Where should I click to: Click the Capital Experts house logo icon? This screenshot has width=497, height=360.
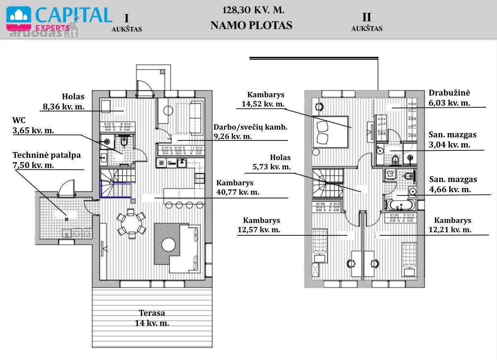[x=19, y=18]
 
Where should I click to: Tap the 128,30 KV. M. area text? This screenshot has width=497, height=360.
[x=253, y=10]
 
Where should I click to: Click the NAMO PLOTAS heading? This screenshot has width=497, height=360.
[x=251, y=25]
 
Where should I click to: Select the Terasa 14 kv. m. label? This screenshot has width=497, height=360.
[x=152, y=318]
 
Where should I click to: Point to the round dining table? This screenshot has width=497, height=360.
[x=131, y=224]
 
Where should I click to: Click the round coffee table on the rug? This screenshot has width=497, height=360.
[x=169, y=244]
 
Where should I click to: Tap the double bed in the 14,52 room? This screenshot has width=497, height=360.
[x=330, y=132]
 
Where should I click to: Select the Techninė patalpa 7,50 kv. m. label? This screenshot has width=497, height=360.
[x=46, y=160]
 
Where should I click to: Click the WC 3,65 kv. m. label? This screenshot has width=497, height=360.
[x=33, y=125]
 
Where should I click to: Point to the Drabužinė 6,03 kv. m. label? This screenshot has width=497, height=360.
[x=449, y=98]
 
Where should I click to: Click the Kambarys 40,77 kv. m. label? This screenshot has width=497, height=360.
[x=238, y=187]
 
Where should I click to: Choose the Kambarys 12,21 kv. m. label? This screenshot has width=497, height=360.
[x=450, y=225]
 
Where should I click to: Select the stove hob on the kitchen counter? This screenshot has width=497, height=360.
[x=161, y=163]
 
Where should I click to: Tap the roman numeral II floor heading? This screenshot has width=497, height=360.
[x=367, y=17]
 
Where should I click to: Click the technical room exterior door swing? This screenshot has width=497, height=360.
[x=67, y=188]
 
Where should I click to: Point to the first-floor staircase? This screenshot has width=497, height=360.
[x=118, y=183]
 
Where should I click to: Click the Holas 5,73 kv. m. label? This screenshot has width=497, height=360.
[x=272, y=162]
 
